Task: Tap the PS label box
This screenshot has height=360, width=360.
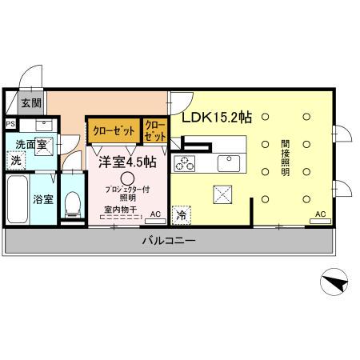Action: pyautogui.click(x=10, y=124)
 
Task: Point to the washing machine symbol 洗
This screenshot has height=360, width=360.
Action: pyautogui.click(x=16, y=160)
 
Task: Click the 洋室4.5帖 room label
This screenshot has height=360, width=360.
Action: pyautogui.click(x=127, y=162)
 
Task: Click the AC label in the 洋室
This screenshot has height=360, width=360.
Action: pyautogui.click(x=155, y=213)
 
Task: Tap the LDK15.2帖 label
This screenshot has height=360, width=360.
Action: pyautogui.click(x=217, y=117)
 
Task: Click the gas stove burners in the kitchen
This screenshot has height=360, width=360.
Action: pyautogui.click(x=186, y=163)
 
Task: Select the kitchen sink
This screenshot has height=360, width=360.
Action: pyautogui.click(x=229, y=162)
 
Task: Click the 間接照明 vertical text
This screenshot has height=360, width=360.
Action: pyautogui.click(x=285, y=159)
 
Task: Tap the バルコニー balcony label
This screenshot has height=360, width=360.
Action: pyautogui.click(x=169, y=240)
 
